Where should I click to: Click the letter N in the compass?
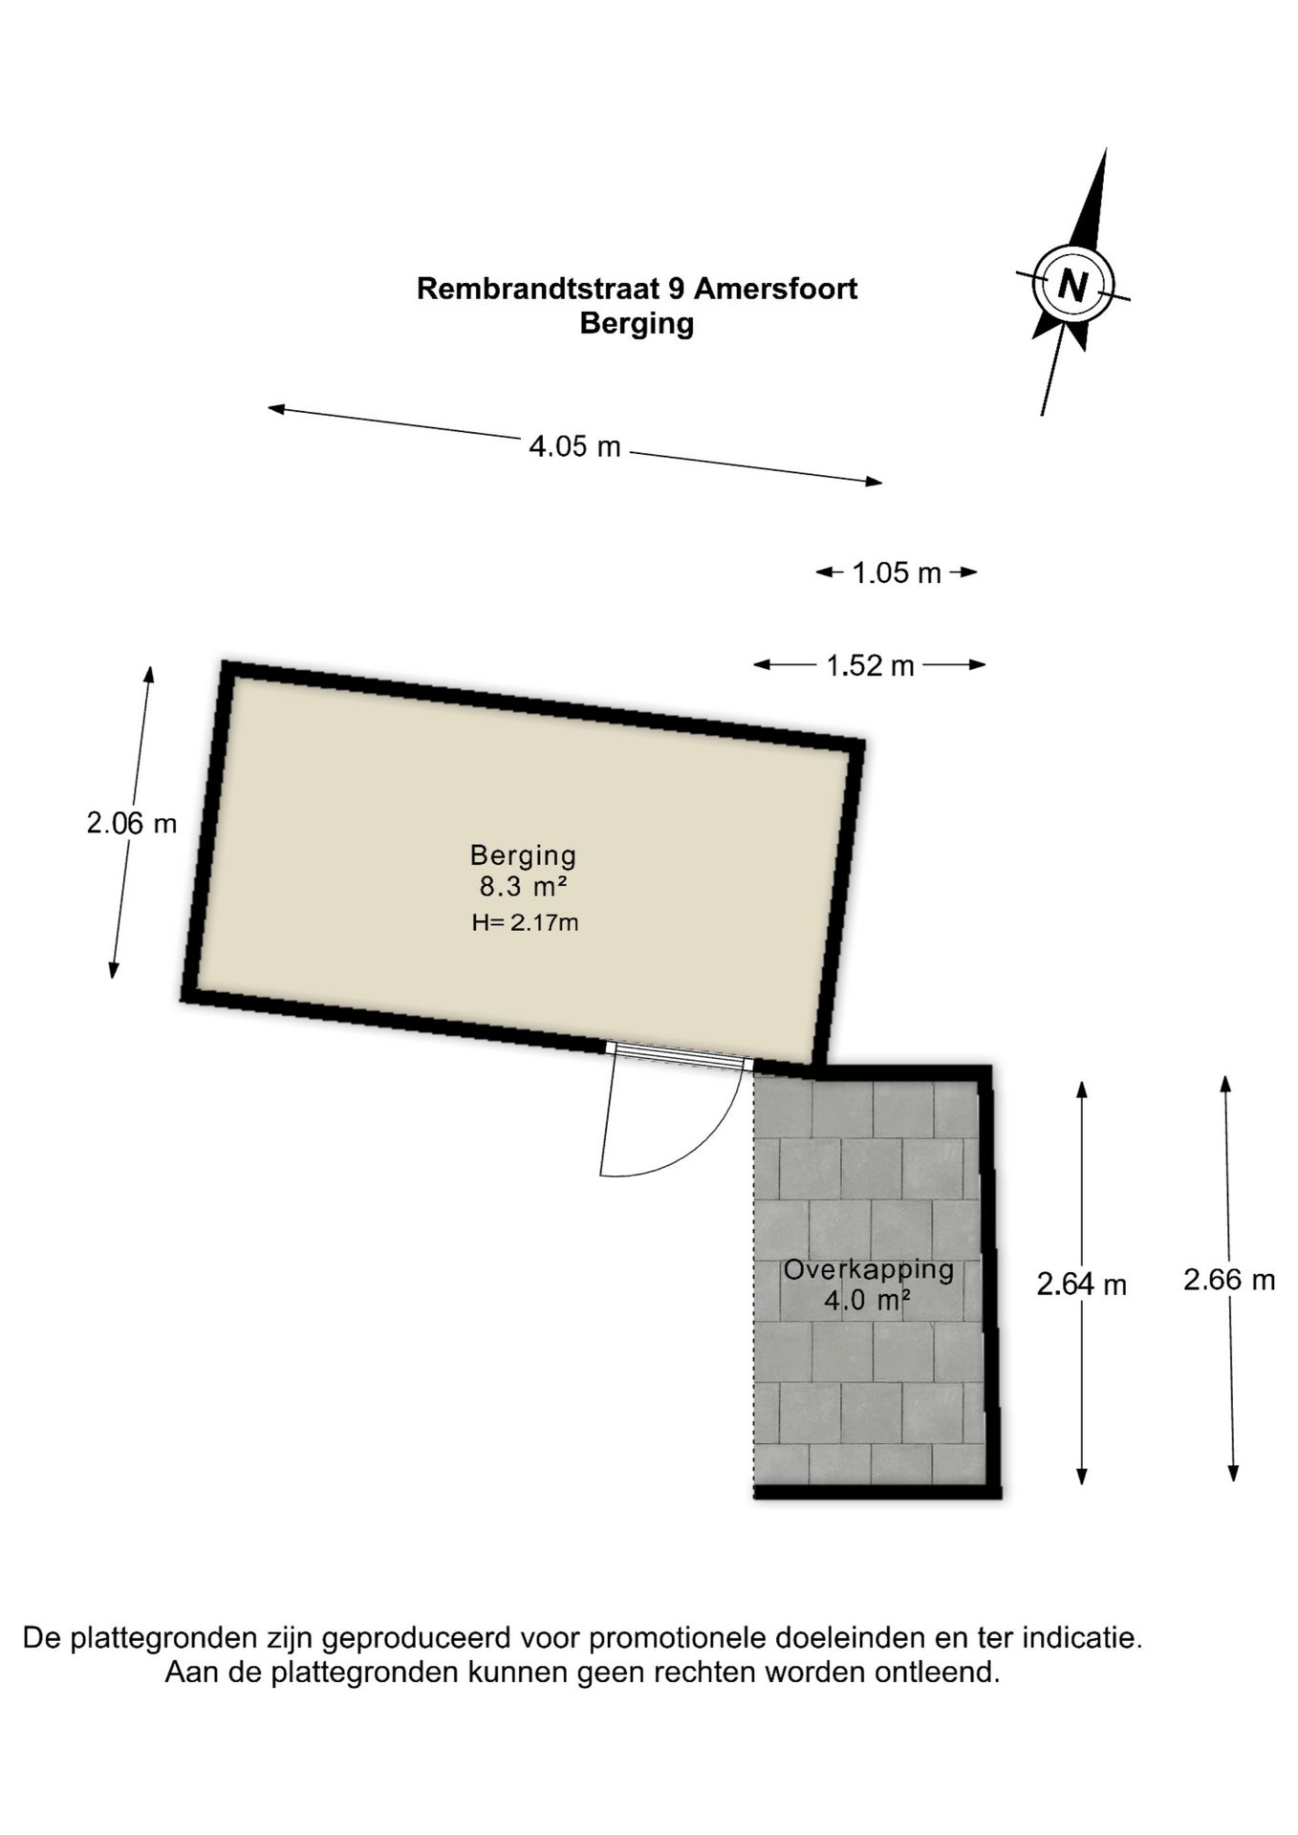click(1072, 285)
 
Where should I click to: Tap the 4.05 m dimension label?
click(575, 446)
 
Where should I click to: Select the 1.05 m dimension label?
click(897, 572)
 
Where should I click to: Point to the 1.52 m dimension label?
click(870, 665)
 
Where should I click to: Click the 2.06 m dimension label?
click(132, 823)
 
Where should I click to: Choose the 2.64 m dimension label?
click(1082, 1284)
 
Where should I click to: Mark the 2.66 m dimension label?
click(1229, 1279)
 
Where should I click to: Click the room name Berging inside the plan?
click(523, 855)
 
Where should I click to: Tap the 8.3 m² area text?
click(523, 887)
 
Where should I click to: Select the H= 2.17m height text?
click(525, 923)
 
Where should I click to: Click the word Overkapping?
click(869, 1270)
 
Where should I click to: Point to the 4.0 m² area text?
click(867, 1301)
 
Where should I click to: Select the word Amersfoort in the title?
click(776, 289)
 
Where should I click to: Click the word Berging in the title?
click(637, 324)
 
